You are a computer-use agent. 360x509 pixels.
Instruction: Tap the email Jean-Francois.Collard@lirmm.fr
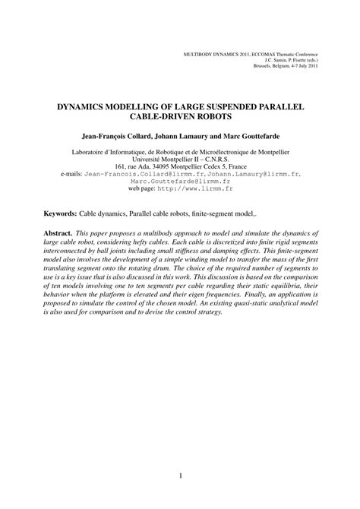pos(136,172)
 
